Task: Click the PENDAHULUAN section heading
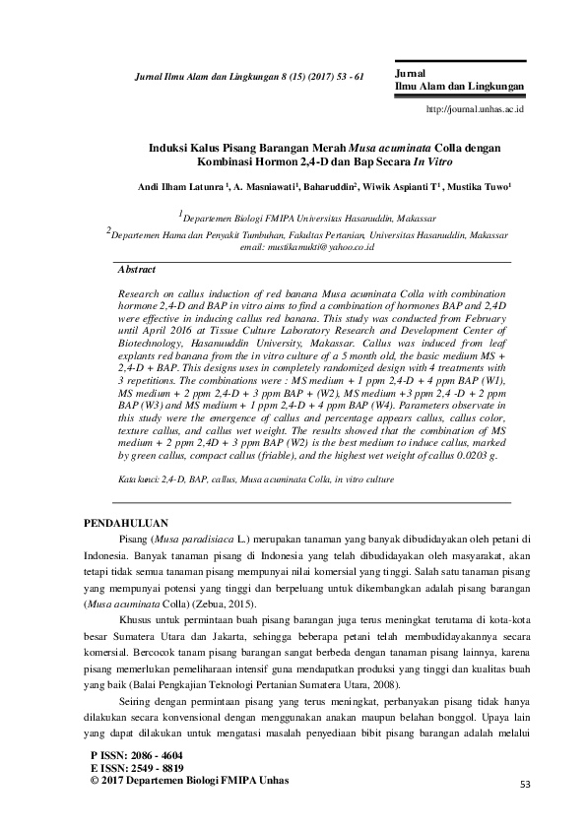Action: [x=126, y=523]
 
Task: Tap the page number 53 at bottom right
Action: [x=523, y=783]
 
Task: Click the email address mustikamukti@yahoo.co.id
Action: [x=321, y=250]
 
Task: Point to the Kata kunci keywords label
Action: [x=138, y=478]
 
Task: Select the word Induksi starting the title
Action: [x=169, y=146]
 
